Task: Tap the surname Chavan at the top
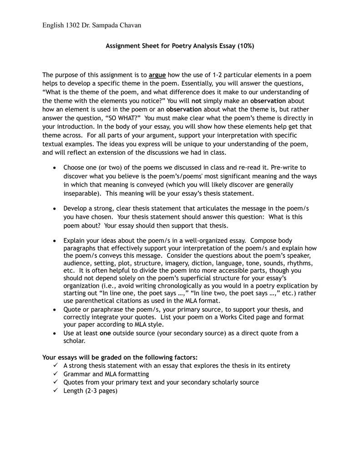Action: click(x=128, y=25)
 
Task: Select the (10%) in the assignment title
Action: click(x=245, y=46)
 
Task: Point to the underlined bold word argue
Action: click(x=157, y=75)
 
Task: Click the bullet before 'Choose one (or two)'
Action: click(x=54, y=167)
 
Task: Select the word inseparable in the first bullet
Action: click(x=81, y=193)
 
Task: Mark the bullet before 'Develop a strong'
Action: click(x=54, y=208)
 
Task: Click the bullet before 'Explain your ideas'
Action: click(x=54, y=240)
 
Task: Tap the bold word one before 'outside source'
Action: click(x=105, y=333)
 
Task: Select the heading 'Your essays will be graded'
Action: click(x=120, y=357)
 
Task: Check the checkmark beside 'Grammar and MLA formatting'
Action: click(x=56, y=374)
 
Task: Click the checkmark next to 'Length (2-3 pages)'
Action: click(x=56, y=390)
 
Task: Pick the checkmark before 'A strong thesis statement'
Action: click(x=56, y=365)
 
